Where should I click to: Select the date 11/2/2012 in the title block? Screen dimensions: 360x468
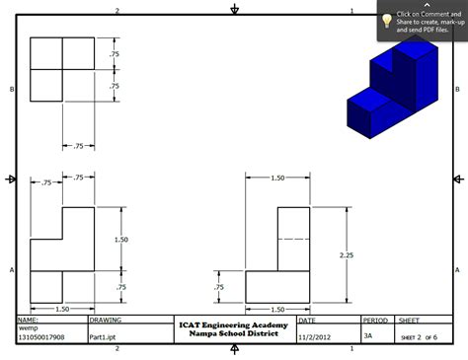pos(313,336)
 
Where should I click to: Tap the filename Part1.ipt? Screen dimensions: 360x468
pos(104,336)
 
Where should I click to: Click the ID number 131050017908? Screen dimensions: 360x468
pos(40,336)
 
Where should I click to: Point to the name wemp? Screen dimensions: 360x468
pos(29,328)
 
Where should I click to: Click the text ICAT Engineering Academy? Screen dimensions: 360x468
pos(233,324)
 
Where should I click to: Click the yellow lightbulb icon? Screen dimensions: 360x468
pos(386,21)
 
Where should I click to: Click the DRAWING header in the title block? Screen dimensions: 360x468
pos(106,320)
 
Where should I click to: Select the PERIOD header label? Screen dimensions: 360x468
pos(375,320)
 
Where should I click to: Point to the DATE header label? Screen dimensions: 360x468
pos(307,320)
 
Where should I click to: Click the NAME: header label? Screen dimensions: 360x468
pos(29,320)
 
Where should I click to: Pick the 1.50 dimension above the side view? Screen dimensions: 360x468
pos(277,178)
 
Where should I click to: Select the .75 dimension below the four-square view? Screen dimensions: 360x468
pos(78,146)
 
